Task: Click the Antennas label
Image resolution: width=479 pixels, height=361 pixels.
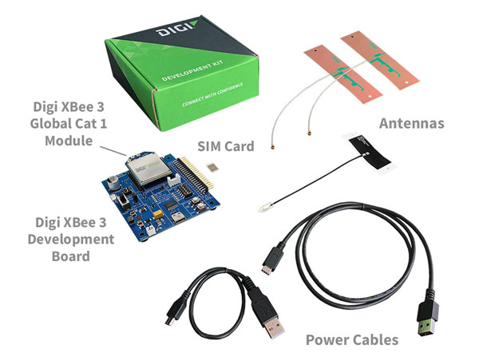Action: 411,124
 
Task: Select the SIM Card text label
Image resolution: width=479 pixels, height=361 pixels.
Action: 226,146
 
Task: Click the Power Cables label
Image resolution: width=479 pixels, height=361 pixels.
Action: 352,339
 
